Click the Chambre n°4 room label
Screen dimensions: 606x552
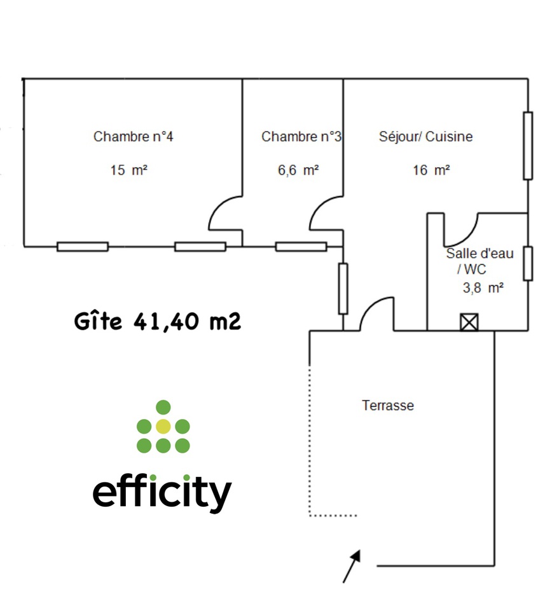click(x=133, y=137)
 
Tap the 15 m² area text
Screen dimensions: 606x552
click(x=128, y=170)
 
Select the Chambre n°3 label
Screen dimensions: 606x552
click(x=301, y=137)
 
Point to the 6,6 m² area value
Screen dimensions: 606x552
click(x=298, y=170)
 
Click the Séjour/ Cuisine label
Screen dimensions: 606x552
click(x=425, y=137)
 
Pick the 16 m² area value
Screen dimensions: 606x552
click(x=432, y=170)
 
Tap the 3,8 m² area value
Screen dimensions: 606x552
click(x=483, y=287)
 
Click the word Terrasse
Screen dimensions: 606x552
click(x=388, y=405)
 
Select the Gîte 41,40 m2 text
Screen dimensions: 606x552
click(x=157, y=322)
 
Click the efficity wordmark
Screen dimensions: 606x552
click(x=162, y=493)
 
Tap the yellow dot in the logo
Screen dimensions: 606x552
click(x=163, y=426)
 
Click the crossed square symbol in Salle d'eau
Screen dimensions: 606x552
click(x=469, y=322)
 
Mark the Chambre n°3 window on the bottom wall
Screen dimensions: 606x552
click(x=301, y=247)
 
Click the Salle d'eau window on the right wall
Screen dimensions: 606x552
click(x=528, y=263)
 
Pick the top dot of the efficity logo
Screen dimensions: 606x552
click(x=163, y=406)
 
